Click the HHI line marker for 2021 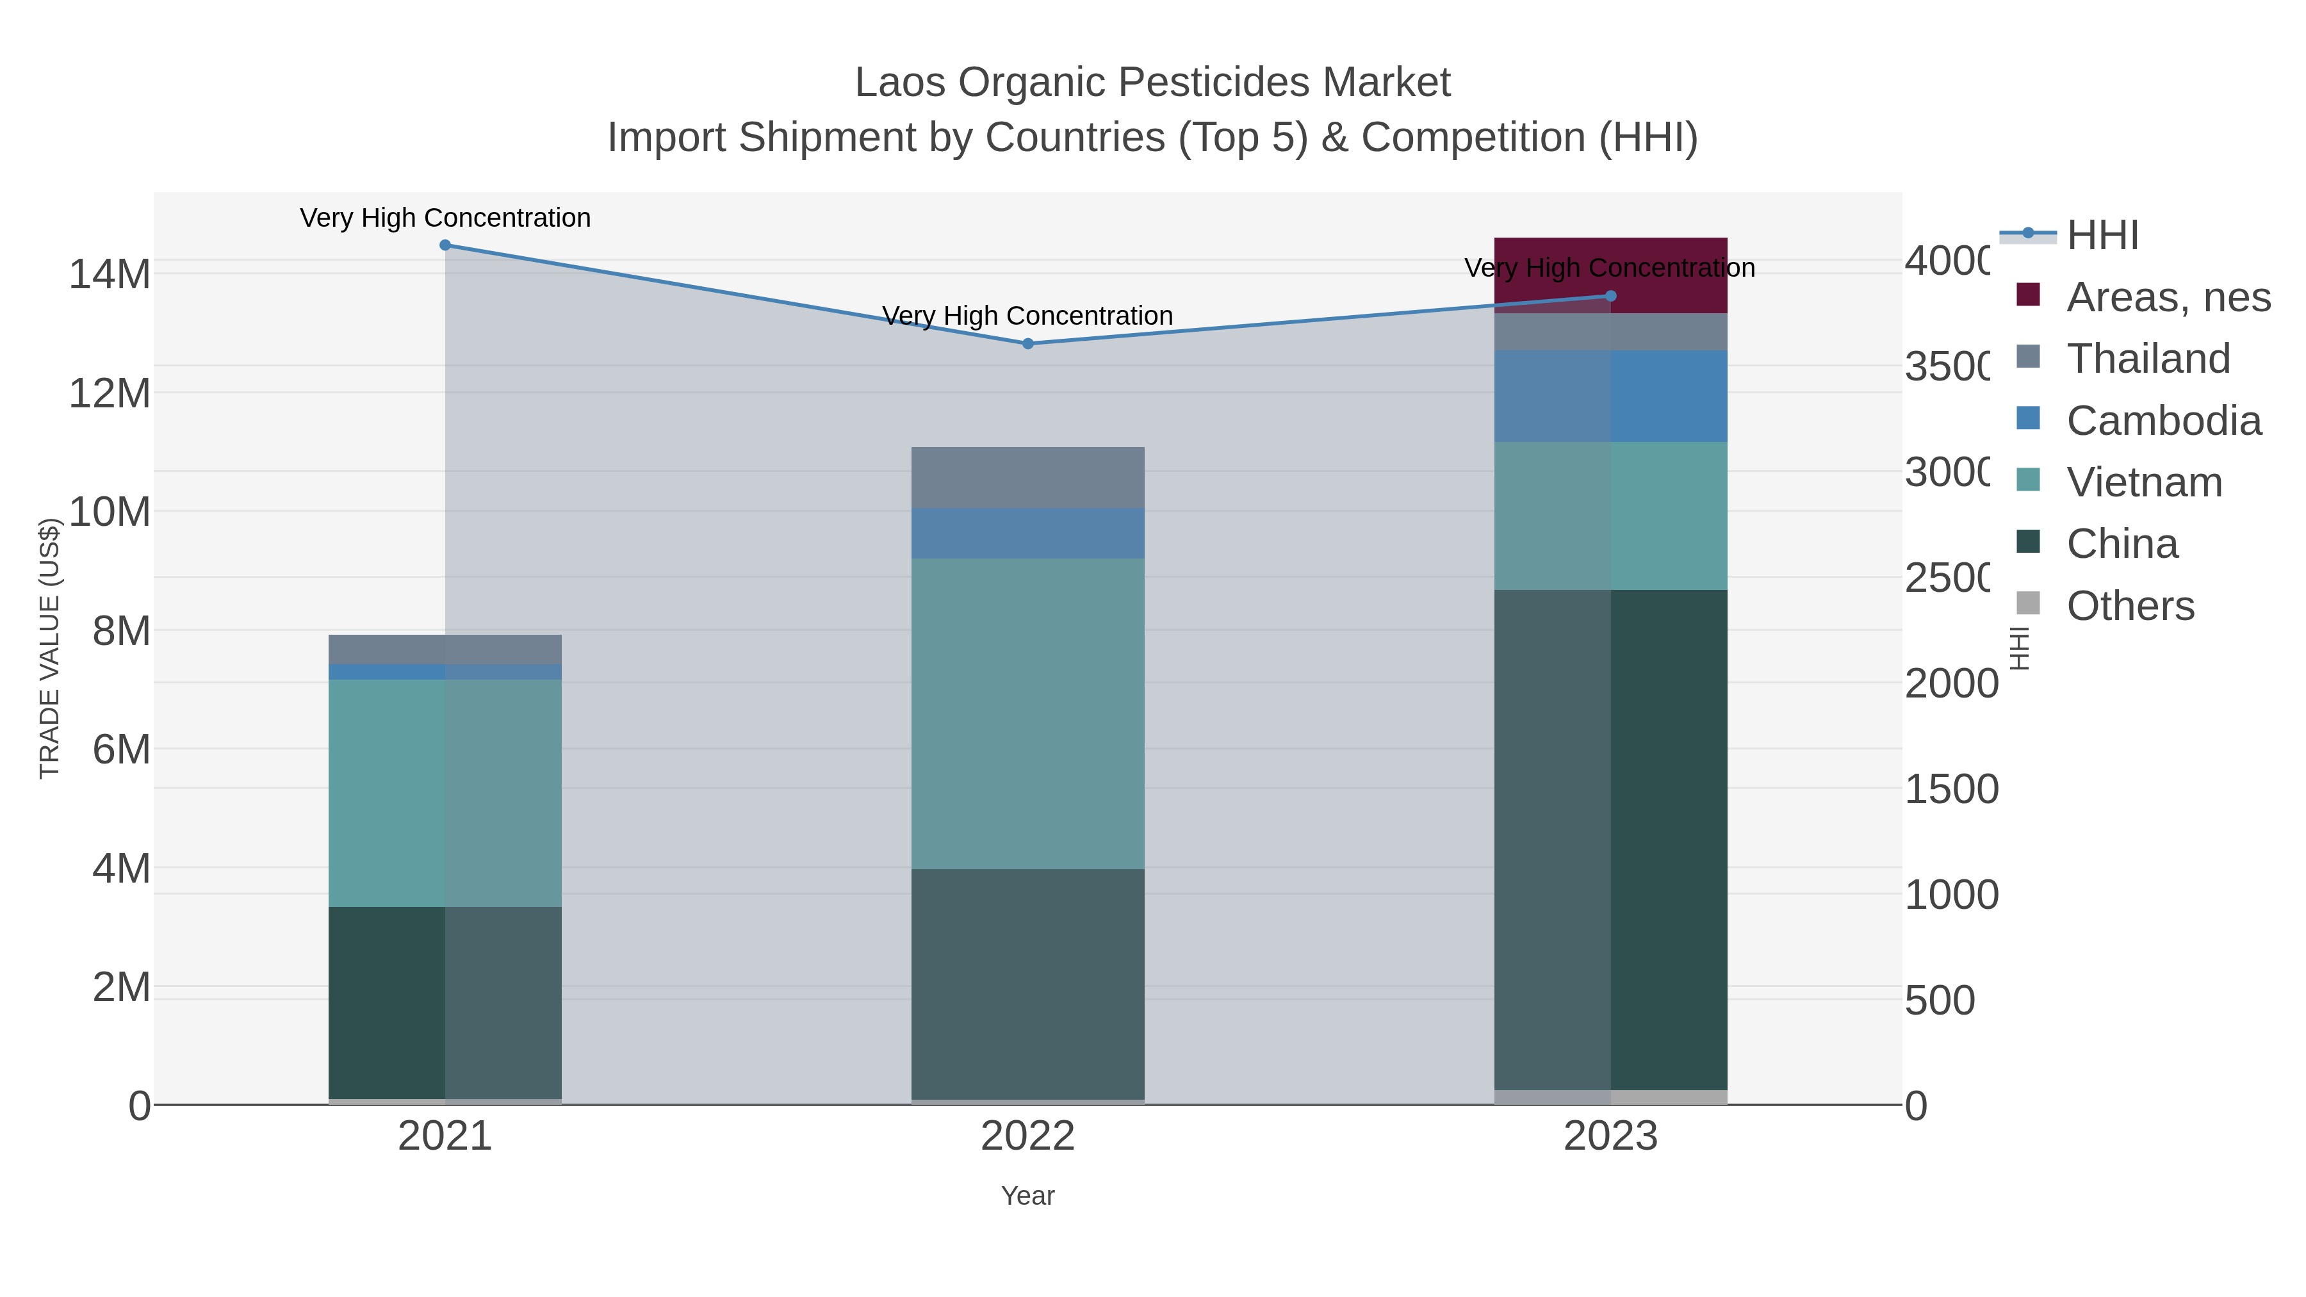click(x=445, y=245)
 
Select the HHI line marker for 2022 click(x=1027, y=344)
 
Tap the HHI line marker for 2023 click(x=1610, y=297)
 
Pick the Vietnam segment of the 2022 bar click(x=1027, y=714)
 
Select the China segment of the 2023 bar click(x=1610, y=840)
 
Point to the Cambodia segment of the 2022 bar click(x=1027, y=534)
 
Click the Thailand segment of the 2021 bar click(x=445, y=649)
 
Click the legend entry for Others click(x=2130, y=606)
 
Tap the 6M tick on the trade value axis click(x=122, y=749)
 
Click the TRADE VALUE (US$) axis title click(x=49, y=648)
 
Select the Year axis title click(x=1027, y=1196)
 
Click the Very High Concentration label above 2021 click(x=445, y=218)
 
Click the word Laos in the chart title click(x=899, y=83)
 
